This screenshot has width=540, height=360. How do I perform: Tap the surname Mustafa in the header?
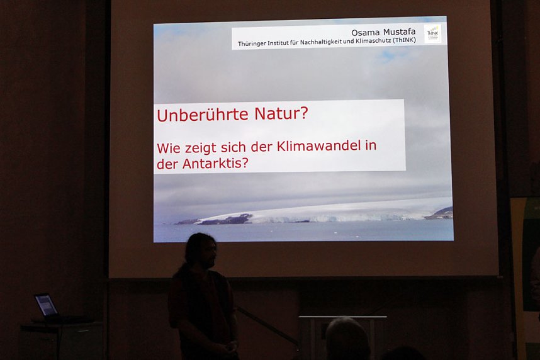(400, 32)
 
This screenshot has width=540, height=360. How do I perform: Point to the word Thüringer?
(254, 44)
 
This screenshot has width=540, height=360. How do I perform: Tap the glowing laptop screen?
(46, 305)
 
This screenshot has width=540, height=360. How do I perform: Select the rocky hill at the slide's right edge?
(442, 213)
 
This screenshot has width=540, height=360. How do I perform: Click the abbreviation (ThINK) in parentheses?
(409, 44)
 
